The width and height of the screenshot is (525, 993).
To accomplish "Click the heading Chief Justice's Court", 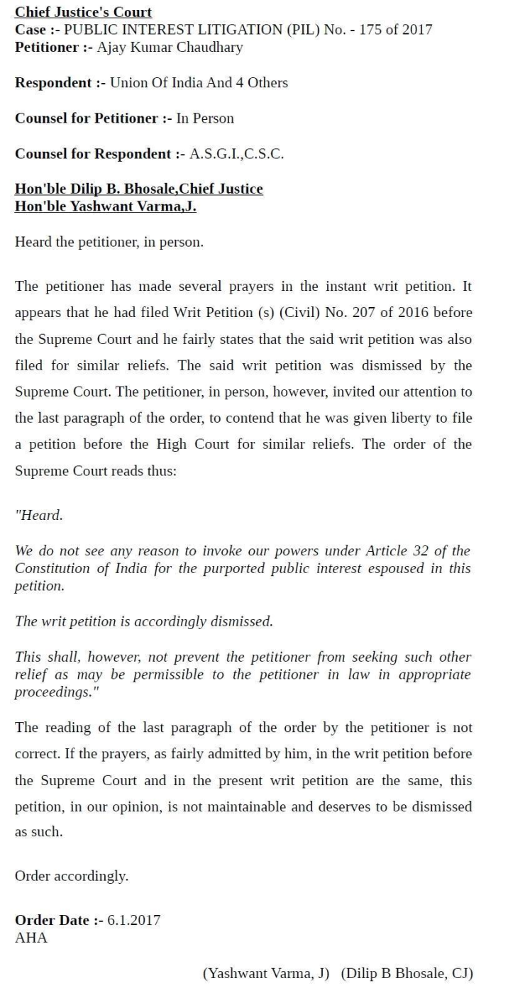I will pos(83,12).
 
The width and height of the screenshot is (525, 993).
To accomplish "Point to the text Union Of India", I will pos(162,83).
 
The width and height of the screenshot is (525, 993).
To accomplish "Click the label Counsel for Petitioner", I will pos(86,118).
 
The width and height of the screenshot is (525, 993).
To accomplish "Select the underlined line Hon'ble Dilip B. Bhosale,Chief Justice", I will pos(139,189).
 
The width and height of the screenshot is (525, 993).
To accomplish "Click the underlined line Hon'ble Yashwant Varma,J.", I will pos(106,206).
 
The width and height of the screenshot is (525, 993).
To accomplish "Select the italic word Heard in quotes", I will pos(40,516).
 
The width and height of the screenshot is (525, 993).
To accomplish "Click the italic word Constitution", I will pos(50,568).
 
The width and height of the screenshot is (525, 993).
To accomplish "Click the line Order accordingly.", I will pos(72,876).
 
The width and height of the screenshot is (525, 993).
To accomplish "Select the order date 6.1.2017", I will pos(133,920).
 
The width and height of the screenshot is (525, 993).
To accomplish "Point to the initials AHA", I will pos(31,937).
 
